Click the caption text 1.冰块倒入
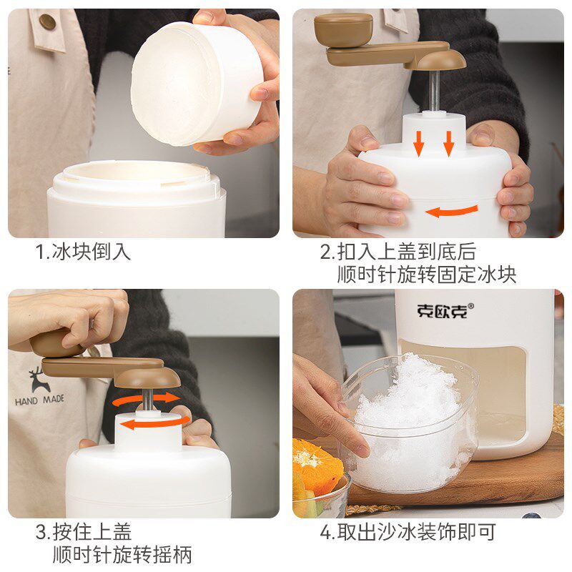(84, 252)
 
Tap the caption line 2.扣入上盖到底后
(397, 252)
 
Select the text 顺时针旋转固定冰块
(427, 274)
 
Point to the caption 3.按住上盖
(84, 532)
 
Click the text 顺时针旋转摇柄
(122, 555)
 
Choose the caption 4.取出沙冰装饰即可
(408, 532)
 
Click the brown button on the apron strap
(47, 22)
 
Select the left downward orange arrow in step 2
(419, 142)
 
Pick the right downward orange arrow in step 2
(449, 142)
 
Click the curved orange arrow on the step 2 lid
(452, 211)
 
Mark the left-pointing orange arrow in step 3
(147, 424)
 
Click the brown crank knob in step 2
(343, 29)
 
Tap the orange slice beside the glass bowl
(315, 465)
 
